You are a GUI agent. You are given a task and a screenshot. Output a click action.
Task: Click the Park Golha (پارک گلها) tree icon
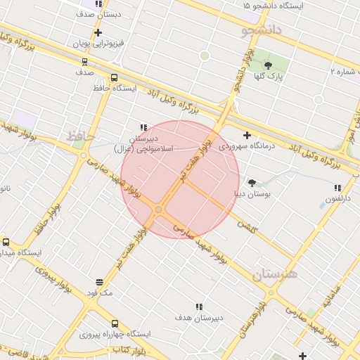tap(267, 65)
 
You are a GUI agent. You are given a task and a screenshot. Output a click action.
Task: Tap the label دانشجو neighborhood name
tap(261, 30)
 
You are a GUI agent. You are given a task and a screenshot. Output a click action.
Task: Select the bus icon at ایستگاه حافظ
tap(114, 78)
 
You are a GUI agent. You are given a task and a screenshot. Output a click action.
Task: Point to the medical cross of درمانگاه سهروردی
tap(247, 135)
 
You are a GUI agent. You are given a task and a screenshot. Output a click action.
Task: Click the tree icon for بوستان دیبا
tap(252, 182)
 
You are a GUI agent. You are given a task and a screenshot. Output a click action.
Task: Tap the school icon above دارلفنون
tap(337, 188)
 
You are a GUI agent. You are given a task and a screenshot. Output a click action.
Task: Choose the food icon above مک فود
tap(99, 283)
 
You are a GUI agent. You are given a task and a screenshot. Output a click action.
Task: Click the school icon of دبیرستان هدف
tap(199, 307)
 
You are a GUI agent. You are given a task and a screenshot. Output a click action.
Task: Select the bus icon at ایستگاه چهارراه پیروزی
tap(114, 323)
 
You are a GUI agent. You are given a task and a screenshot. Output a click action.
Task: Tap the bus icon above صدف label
tap(84, 61)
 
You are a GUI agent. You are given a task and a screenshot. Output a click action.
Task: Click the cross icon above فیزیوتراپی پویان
tap(98, 32)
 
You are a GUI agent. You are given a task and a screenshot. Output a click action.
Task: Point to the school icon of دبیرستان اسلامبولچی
tap(143, 127)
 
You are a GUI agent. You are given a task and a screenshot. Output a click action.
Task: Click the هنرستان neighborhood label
tap(275, 274)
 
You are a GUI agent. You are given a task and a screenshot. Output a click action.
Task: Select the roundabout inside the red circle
tap(159, 210)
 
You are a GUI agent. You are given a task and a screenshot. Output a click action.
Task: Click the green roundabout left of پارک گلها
tap(205, 56)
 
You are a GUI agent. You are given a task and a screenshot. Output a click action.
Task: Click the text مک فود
tap(99, 292)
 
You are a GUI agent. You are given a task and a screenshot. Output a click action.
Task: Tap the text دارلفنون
tap(337, 198)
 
